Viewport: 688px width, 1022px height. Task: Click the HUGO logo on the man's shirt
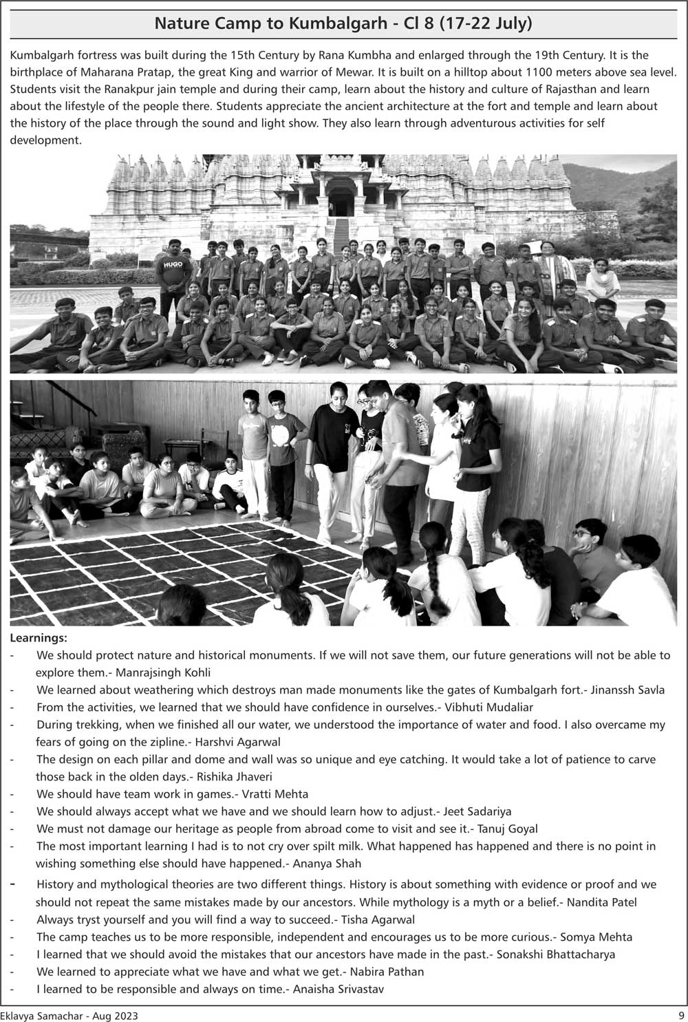coord(173,264)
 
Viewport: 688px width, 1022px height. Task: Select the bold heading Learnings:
coord(39,638)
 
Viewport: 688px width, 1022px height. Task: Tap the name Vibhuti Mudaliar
coord(488,707)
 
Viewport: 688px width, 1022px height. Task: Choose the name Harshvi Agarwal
coord(238,742)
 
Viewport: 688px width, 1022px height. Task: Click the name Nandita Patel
coord(602,902)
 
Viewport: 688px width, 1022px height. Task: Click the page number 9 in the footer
coord(680,1015)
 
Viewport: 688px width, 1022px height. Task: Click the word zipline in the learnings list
coord(164,742)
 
